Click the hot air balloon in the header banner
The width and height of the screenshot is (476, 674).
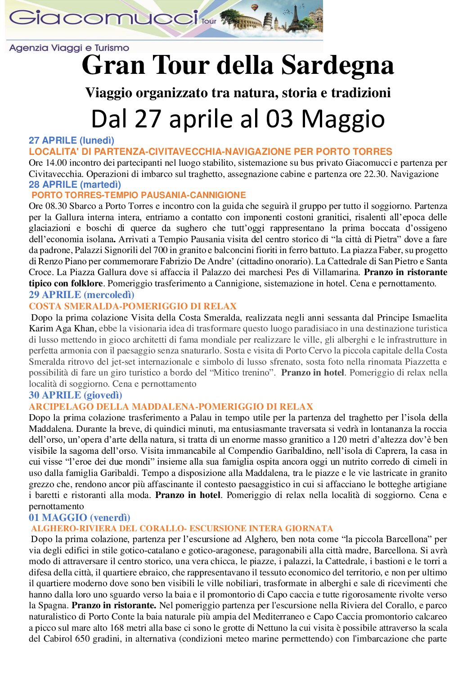coord(254,8)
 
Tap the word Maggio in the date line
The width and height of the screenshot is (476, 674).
coord(343,119)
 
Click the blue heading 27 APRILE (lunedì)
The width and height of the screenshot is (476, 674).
coord(72,140)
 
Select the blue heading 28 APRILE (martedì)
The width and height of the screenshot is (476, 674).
coord(75,184)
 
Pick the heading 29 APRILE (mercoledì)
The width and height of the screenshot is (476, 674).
coord(81,295)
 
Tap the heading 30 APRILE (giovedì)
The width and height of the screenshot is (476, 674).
coord(76,395)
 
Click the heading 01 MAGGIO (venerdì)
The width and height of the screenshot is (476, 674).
coord(80,518)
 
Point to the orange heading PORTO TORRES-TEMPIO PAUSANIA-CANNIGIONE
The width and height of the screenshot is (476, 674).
coord(139,195)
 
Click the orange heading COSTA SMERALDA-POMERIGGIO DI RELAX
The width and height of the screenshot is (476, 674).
coord(133,306)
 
